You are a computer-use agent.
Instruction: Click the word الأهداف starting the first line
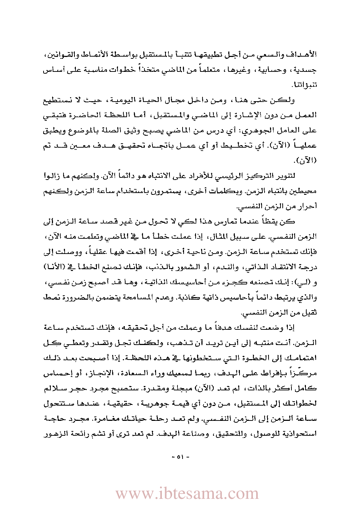(x=303, y=55)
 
